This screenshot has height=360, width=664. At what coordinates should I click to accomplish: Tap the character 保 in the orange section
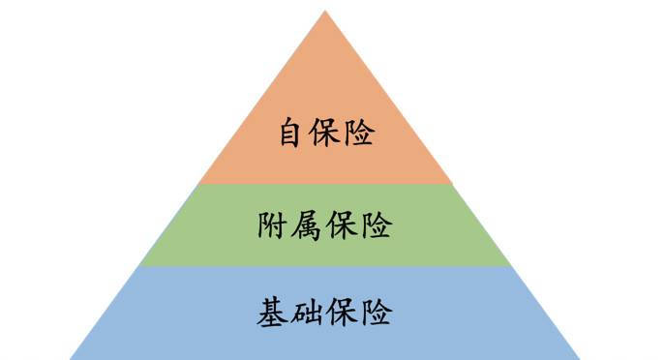[326, 133]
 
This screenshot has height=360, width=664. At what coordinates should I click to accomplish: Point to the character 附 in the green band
[274, 226]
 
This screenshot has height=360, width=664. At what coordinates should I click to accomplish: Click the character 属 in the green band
[309, 226]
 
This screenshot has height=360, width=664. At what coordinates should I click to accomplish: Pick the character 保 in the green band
[343, 226]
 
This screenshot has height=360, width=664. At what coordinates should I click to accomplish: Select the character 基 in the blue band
[274, 313]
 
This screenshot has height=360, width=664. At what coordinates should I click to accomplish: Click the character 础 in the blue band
[309, 313]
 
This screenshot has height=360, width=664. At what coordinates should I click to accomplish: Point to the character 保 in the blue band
[343, 313]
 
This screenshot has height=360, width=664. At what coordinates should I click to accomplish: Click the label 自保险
[326, 133]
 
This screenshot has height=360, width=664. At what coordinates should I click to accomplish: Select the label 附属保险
[325, 226]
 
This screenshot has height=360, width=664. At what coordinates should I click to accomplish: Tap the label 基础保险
[325, 313]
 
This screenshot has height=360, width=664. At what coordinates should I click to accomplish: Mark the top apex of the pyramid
[325, 11]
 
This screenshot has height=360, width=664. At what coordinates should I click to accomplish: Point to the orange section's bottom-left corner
[198, 183]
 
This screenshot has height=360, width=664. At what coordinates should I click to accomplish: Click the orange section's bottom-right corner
[453, 183]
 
